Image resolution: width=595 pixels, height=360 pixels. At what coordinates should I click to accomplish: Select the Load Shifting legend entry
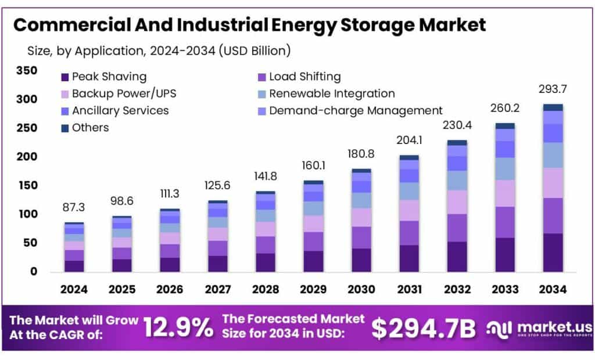[299, 77]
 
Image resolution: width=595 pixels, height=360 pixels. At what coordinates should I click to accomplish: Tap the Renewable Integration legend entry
[326, 93]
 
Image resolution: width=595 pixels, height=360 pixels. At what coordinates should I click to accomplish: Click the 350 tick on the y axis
[27, 71]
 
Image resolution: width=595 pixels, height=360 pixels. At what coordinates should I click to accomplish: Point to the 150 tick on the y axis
[27, 185]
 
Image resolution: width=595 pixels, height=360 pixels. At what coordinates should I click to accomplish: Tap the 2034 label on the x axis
[553, 289]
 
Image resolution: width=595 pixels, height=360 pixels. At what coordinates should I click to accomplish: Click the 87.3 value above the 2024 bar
[74, 207]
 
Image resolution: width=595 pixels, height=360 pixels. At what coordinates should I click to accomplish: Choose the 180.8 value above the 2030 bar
[362, 154]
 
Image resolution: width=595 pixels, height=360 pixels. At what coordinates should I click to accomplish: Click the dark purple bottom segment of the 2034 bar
[553, 253]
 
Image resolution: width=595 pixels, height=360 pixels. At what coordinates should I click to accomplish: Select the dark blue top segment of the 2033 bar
[505, 125]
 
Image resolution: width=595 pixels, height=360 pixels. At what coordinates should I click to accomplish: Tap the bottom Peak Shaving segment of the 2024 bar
[74, 266]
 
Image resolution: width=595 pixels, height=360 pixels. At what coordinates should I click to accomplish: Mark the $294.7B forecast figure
[424, 328]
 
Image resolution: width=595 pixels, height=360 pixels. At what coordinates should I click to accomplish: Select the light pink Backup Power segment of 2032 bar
[457, 202]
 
